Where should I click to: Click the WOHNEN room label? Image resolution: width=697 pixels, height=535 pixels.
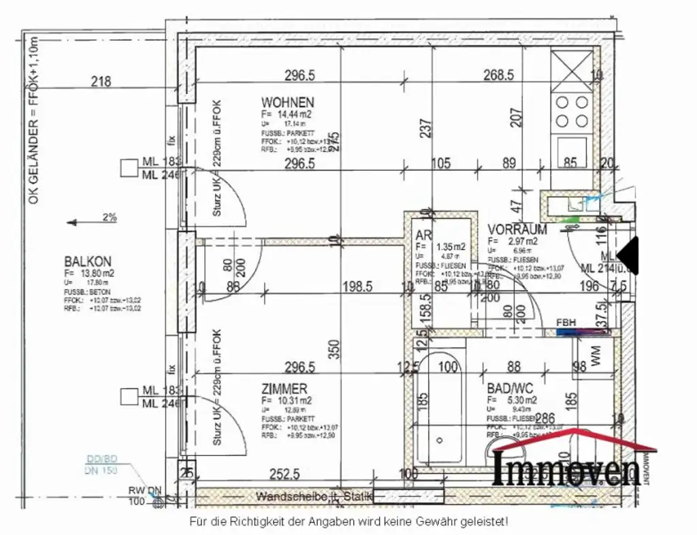(x=287, y=102)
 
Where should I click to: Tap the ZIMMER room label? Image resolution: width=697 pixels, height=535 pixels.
(x=284, y=389)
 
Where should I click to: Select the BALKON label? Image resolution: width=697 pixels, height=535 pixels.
(x=88, y=261)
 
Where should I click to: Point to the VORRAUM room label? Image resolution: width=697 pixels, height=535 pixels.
(x=517, y=229)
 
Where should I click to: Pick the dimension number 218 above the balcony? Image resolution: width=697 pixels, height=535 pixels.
(x=101, y=82)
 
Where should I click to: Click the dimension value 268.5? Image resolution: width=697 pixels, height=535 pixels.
(x=498, y=75)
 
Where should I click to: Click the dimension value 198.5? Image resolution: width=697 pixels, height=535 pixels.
(x=357, y=287)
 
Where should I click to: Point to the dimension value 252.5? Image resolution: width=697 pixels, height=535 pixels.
(x=284, y=474)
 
